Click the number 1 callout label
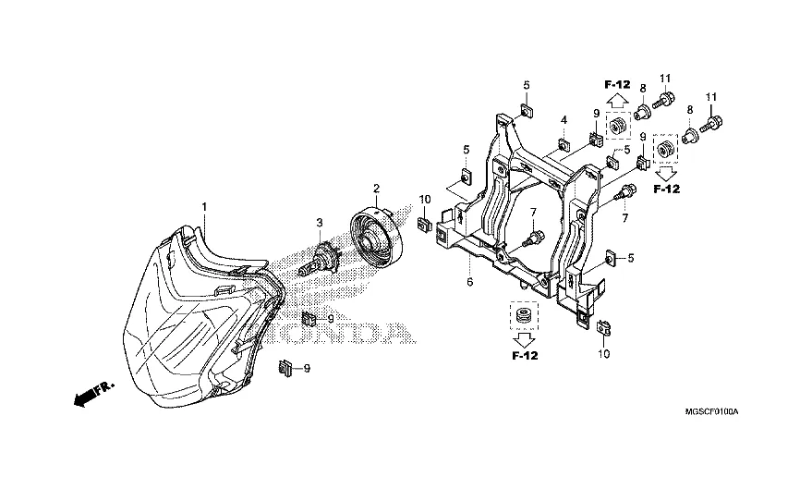[204, 207]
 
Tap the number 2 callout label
[377, 188]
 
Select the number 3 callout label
[320, 223]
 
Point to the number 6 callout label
[469, 283]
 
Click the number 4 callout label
[564, 120]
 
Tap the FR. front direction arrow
[94, 394]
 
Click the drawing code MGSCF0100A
[711, 412]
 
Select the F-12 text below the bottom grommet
[525, 356]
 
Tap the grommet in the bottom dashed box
[524, 315]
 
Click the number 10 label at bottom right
[604, 354]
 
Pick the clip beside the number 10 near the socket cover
[424, 224]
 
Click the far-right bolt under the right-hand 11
[711, 124]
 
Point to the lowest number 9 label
[307, 368]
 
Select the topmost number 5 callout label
[527, 85]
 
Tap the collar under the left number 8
[642, 111]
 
